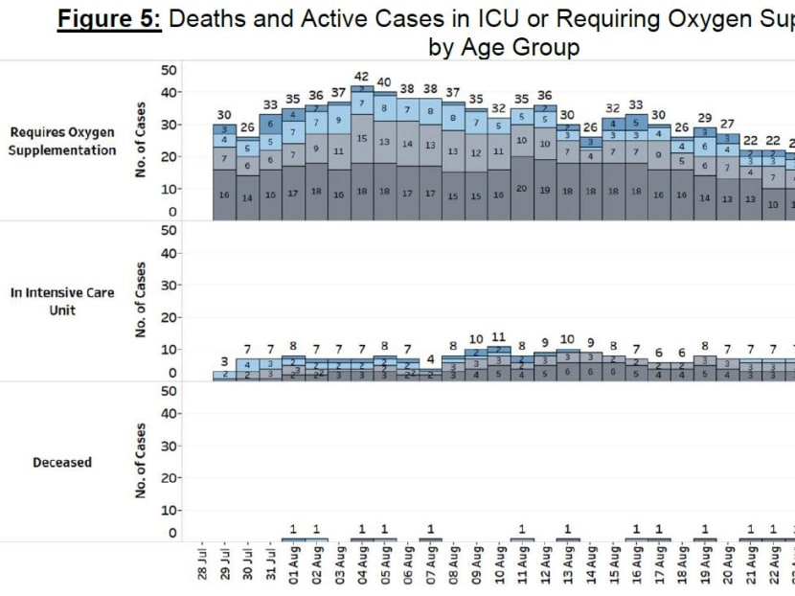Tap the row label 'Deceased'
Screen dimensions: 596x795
tap(62, 462)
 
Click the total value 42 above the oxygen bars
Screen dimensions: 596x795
tap(362, 77)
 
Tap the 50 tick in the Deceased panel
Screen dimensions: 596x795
tap(169, 390)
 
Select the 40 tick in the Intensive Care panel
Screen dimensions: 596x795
tap(169, 253)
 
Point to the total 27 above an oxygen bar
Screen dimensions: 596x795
tap(728, 124)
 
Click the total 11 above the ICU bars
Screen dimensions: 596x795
tap(499, 337)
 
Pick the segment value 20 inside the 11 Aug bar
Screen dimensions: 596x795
tap(522, 189)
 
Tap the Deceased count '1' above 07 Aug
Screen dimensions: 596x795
tap(431, 529)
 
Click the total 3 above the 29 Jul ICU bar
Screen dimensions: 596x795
tap(225, 361)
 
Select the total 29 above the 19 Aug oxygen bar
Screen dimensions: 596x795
tap(705, 117)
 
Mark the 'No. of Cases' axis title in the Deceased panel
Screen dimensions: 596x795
tap(141, 461)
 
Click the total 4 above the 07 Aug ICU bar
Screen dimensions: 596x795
tap(431, 359)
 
